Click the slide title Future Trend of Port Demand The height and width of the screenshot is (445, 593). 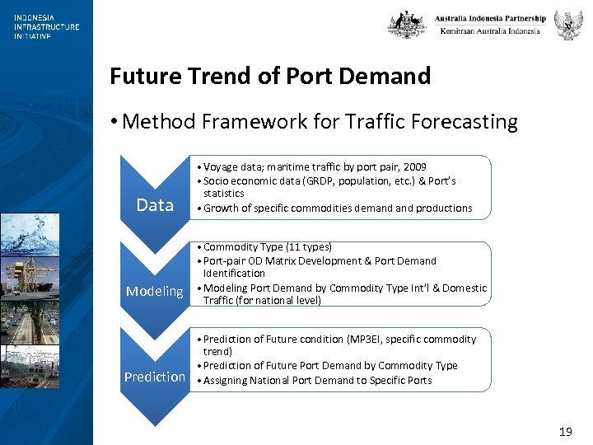(270, 77)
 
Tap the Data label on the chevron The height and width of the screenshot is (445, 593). (155, 205)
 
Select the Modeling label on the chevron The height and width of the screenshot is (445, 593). (154, 291)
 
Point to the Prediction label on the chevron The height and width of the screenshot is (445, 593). (155, 377)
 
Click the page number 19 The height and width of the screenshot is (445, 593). (565, 432)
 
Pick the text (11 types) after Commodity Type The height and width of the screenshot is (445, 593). (305, 247)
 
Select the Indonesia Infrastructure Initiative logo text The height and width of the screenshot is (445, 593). (46, 26)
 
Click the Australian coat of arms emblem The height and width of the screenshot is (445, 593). (407, 24)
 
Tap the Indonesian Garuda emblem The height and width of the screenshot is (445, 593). (568, 25)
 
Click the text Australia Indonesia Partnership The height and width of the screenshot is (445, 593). (490, 18)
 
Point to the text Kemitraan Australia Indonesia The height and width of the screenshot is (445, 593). (490, 31)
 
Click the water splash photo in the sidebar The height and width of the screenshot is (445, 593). (30, 236)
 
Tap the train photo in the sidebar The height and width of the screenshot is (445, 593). (30, 366)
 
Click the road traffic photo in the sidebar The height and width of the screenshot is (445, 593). (30, 322)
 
